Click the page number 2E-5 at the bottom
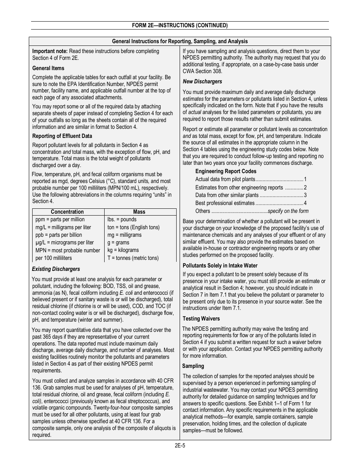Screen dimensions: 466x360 tap(180, 446)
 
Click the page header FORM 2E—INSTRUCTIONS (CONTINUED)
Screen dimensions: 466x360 tap(180, 26)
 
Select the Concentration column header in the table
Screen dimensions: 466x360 tap(67, 212)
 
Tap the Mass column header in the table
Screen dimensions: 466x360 tap(139, 212)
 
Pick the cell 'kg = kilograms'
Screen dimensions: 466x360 tap(123, 250)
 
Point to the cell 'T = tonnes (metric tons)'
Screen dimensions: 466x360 tap(133, 258)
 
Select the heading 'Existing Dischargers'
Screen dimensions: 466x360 tap(56, 269)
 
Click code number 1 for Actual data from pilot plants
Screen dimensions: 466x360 tap(305, 179)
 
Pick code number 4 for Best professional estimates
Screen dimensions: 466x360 tap(305, 203)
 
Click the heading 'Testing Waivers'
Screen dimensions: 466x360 tap(201, 319)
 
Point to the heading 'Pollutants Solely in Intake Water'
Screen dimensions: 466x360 tap(220, 266)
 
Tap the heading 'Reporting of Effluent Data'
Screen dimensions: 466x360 tap(62, 136)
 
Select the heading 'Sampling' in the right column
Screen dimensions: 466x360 tap(193, 366)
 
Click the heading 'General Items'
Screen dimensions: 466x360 tap(48, 68)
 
